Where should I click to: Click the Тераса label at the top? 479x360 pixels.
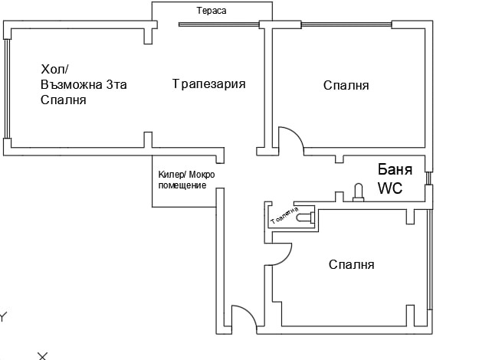click(212, 11)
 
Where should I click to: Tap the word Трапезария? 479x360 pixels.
click(208, 83)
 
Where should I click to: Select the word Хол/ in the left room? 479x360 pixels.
click(54, 70)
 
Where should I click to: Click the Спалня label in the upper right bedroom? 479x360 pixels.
click(346, 85)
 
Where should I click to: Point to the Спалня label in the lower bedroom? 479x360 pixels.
click(351, 264)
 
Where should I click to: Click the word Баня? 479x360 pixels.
click(396, 170)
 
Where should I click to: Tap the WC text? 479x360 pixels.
click(389, 188)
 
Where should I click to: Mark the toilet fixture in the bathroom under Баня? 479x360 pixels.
click(356, 191)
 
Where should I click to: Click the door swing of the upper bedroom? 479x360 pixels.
click(290, 138)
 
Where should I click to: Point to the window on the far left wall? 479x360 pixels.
click(6, 88)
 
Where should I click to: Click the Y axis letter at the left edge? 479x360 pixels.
click(3, 316)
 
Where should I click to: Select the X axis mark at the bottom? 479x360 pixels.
click(43, 355)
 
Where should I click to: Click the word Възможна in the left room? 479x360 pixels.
click(70, 84)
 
